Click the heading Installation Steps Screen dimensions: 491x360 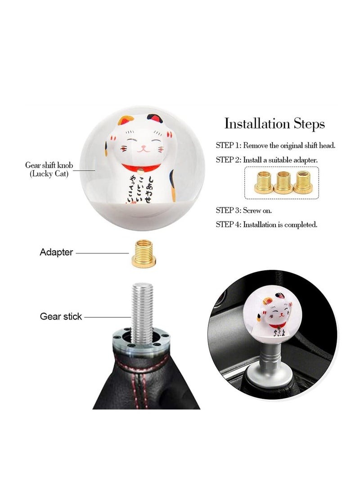point(274,123)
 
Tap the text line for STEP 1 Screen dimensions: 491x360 point(275,146)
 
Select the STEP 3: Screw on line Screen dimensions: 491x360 point(243,210)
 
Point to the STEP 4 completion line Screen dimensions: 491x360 point(266,224)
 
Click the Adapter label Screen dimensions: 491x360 point(56,252)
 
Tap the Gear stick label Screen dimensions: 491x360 point(61,316)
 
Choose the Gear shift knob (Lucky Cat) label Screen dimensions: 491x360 point(49,170)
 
